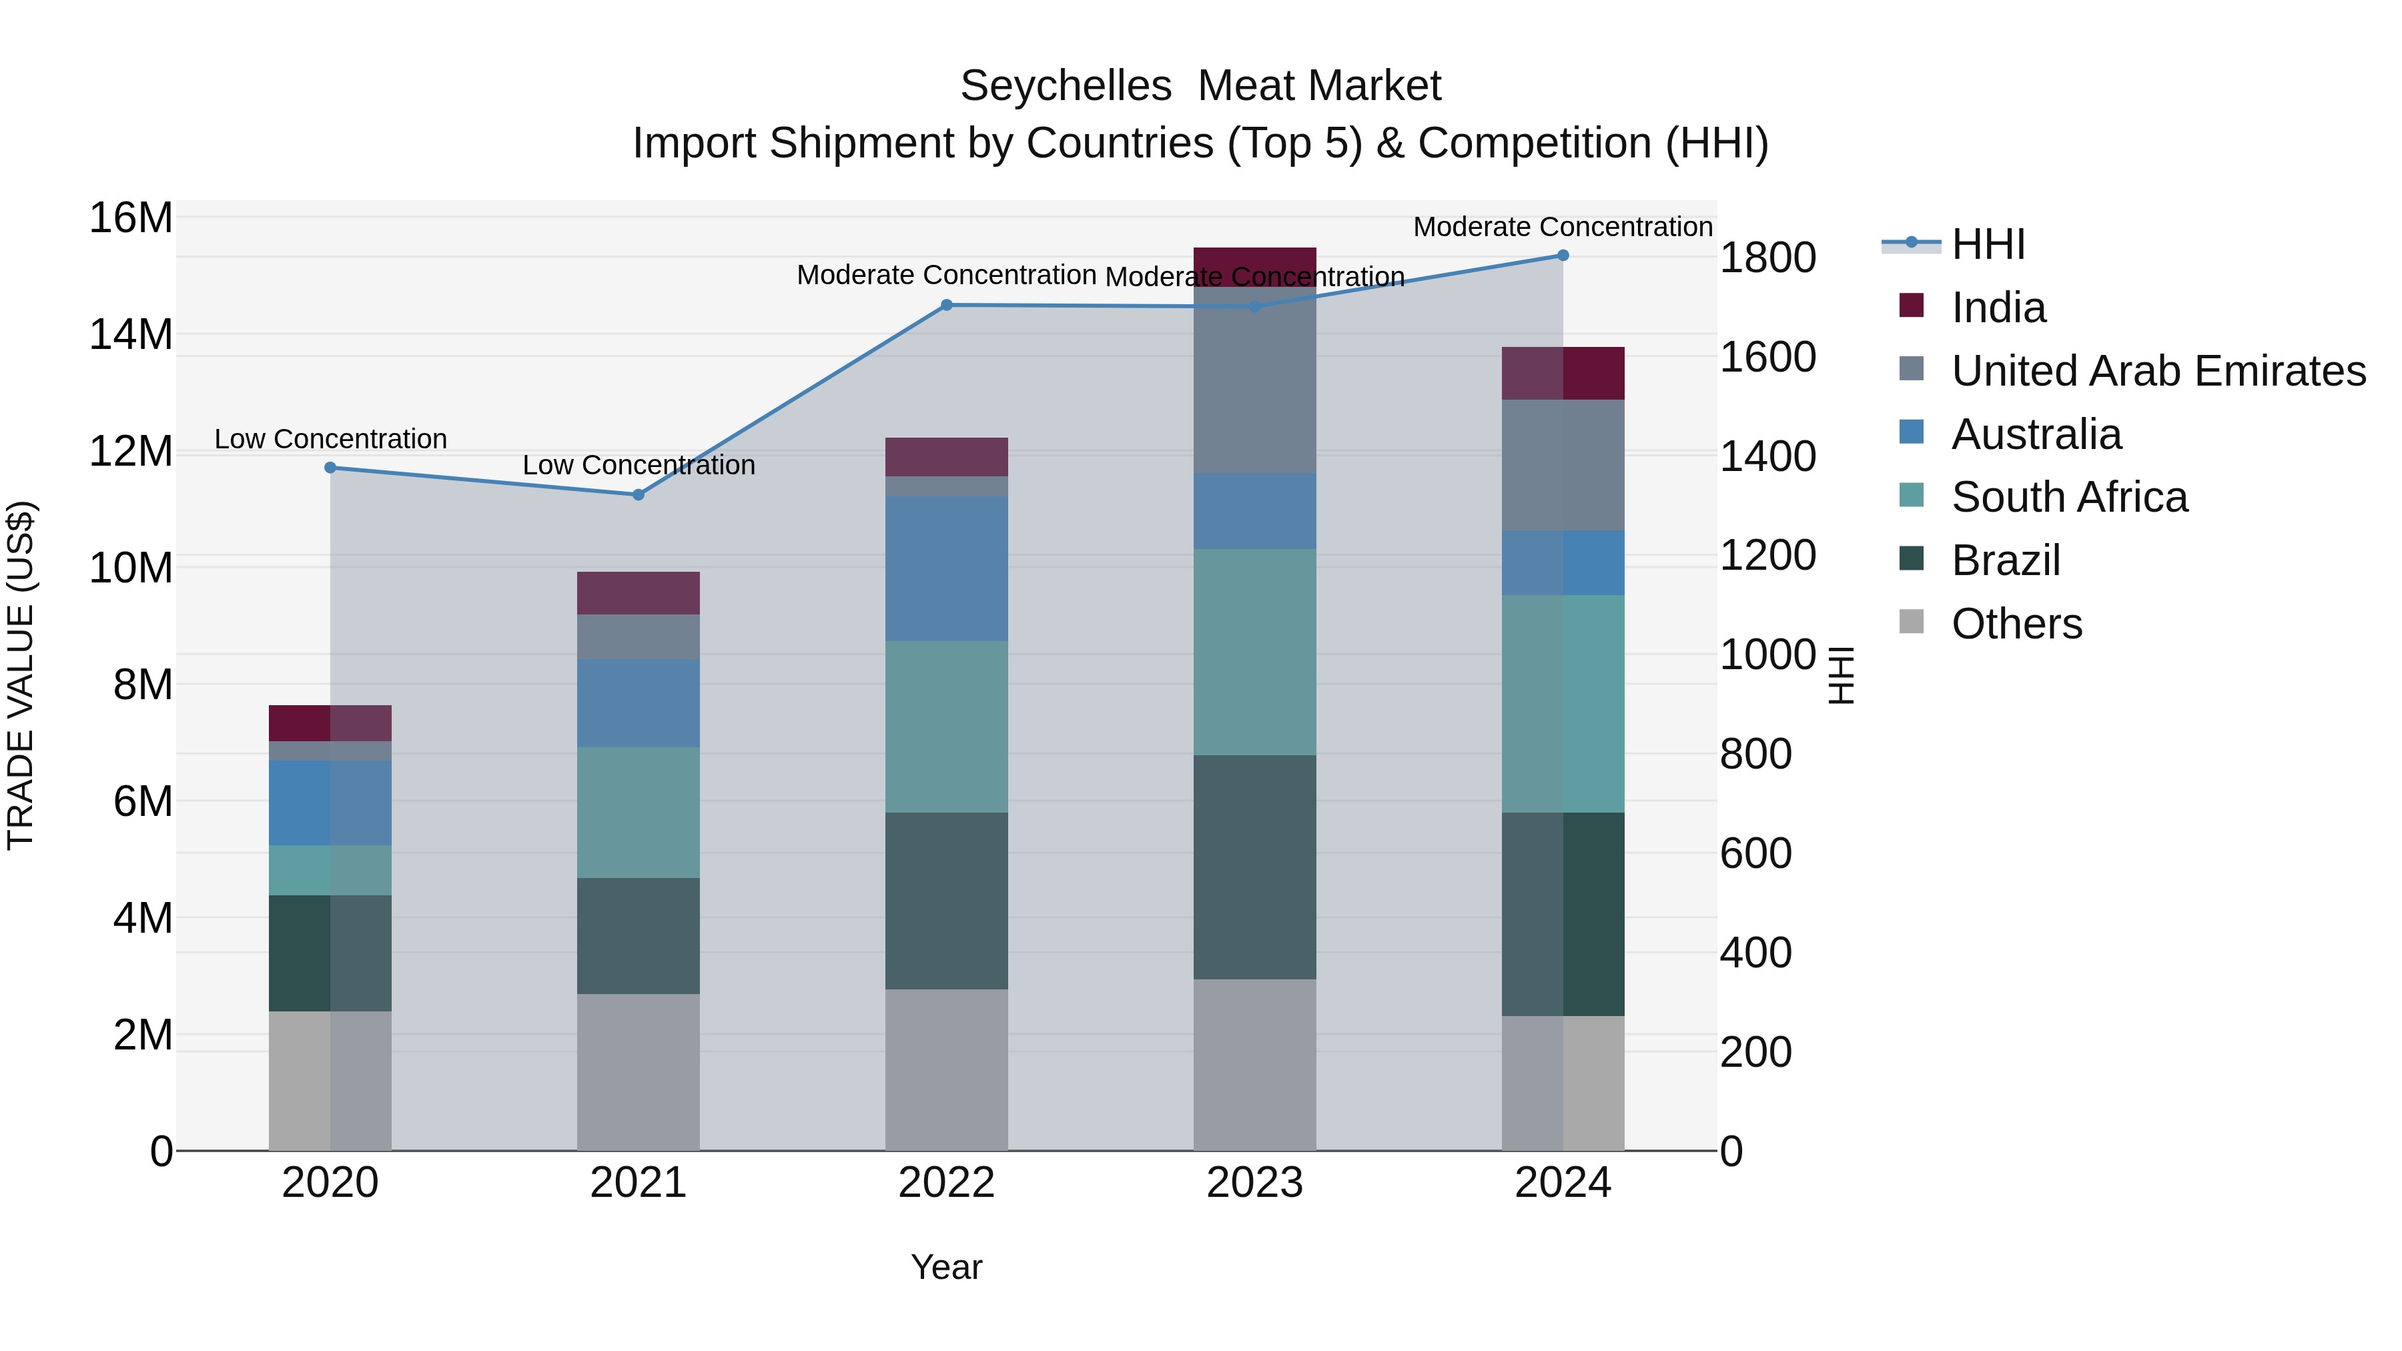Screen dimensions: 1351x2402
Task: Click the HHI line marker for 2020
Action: coord(330,468)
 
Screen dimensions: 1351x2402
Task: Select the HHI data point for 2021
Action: coord(639,495)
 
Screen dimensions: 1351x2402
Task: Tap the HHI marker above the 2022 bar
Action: coord(946,305)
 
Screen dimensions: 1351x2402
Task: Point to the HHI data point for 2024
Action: coord(1564,256)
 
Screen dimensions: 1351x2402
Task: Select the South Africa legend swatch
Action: coord(1912,495)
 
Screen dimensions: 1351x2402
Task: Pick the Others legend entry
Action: coord(2016,624)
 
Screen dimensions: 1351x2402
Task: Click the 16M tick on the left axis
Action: coord(131,218)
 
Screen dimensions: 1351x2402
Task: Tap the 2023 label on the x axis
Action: coord(1255,1183)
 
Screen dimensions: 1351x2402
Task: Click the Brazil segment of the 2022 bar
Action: coord(946,900)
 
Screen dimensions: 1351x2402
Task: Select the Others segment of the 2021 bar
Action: coord(639,1071)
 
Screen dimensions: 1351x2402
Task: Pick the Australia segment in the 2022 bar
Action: coord(946,568)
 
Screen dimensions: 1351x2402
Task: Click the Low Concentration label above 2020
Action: coord(331,439)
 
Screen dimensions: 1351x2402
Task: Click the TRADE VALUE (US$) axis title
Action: coord(21,675)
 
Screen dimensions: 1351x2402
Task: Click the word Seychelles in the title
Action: coord(1066,86)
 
